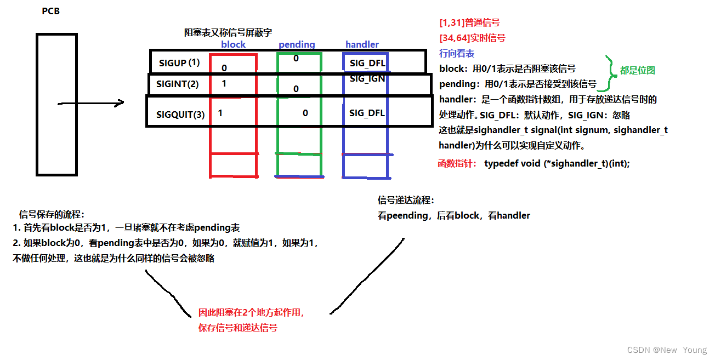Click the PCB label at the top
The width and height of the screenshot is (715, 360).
tap(50, 11)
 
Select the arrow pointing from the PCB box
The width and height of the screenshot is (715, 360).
tap(90, 102)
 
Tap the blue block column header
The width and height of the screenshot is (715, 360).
tap(233, 44)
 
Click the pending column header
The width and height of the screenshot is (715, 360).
tap(297, 44)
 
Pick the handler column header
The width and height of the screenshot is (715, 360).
tap(362, 44)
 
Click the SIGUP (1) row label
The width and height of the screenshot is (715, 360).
tap(179, 63)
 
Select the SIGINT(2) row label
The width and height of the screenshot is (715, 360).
tap(178, 84)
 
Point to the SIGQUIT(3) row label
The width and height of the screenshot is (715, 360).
tap(180, 115)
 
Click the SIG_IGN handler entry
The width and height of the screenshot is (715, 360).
tap(367, 78)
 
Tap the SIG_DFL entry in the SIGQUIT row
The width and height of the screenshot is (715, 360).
tap(367, 113)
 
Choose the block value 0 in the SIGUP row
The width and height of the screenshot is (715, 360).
tap(224, 68)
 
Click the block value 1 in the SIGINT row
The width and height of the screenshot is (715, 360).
tap(224, 84)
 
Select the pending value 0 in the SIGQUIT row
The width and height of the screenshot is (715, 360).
tap(305, 113)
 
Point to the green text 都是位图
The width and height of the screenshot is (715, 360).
tap(638, 70)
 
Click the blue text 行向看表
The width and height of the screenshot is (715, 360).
tap(457, 53)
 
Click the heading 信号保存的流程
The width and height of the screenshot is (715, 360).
tap(52, 214)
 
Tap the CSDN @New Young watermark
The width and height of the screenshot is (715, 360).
tap(667, 350)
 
